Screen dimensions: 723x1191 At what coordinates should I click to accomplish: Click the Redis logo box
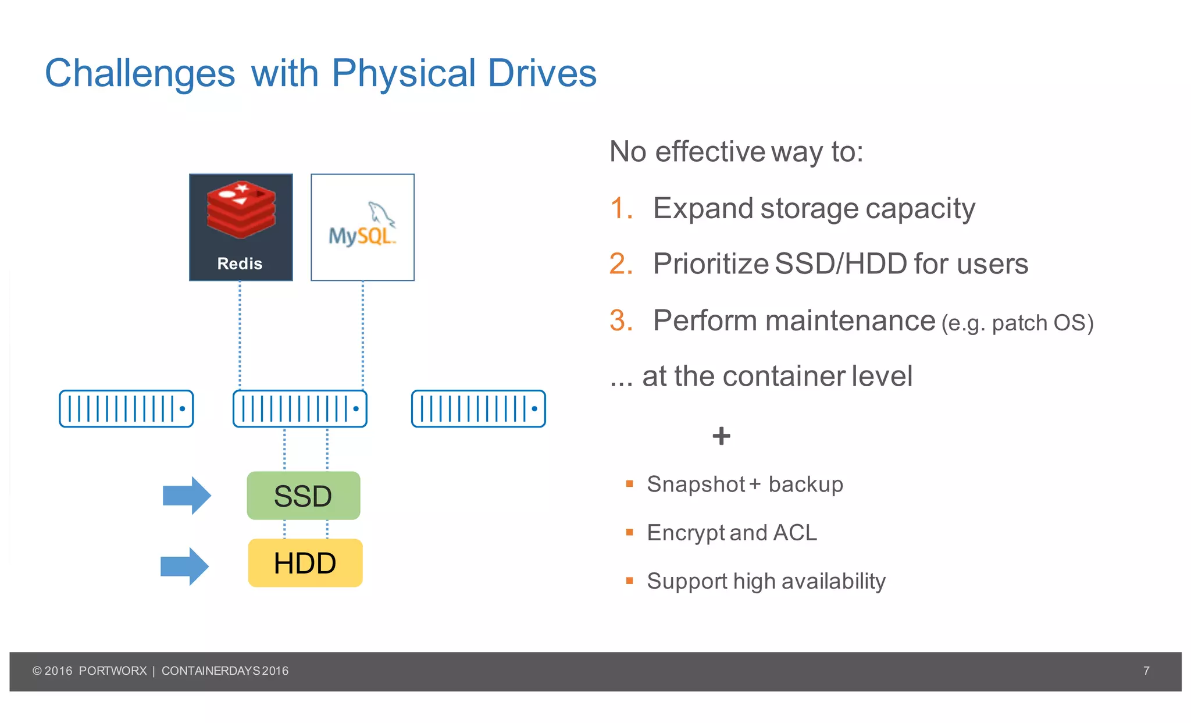pos(241,227)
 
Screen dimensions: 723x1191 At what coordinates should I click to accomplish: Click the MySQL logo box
pos(362,227)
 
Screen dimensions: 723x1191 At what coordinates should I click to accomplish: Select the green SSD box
pos(303,496)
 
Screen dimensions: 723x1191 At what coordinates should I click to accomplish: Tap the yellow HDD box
pos(305,562)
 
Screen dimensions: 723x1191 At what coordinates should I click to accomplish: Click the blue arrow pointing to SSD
pos(187,496)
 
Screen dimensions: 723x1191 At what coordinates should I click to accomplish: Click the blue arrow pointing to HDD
pos(184,566)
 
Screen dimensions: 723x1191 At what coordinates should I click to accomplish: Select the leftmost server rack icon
pos(126,408)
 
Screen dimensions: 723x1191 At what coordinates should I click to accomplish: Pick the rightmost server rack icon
pos(478,408)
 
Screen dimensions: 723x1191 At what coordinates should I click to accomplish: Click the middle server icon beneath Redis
pos(299,408)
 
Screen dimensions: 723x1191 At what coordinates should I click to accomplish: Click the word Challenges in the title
pos(140,74)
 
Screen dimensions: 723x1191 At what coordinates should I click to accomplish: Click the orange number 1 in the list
pos(620,208)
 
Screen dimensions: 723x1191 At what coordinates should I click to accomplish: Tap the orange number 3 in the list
pos(621,320)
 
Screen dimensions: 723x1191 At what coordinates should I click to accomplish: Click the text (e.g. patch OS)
pos(1017,323)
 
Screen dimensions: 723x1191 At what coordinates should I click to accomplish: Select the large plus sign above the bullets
pos(721,436)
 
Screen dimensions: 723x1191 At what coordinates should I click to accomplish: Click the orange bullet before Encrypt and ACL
pos(629,532)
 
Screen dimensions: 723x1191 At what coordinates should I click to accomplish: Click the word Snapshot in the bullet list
pos(696,484)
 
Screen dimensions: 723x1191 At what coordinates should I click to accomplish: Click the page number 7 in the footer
pos(1146,671)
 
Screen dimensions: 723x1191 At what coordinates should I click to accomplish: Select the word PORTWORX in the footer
pos(113,671)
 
